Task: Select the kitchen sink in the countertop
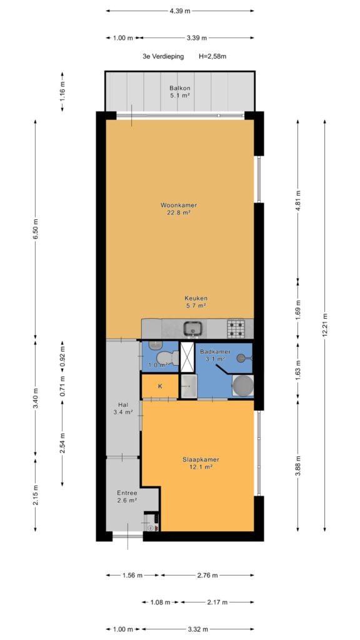tap(192, 328)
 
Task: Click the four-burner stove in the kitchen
tap(236, 329)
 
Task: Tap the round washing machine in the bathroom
tap(243, 385)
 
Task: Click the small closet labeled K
tap(160, 386)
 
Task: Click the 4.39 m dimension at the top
tap(180, 11)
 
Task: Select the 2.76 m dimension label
tap(207, 576)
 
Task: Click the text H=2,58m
tap(212, 57)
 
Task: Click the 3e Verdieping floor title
tap(163, 57)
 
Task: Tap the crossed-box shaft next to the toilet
tap(187, 357)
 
